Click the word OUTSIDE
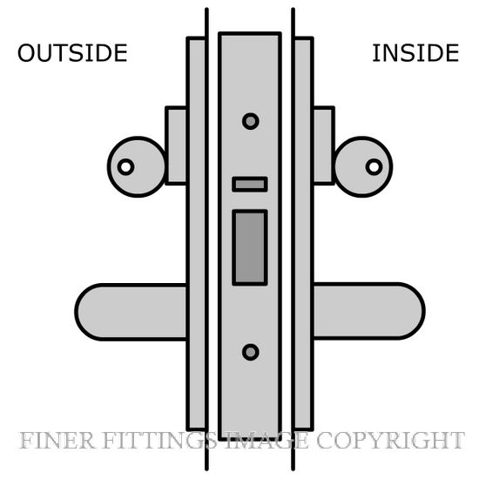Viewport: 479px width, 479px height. click(72, 53)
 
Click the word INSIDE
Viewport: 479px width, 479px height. click(415, 53)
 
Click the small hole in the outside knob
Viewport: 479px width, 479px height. click(126, 167)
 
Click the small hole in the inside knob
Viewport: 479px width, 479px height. click(374, 167)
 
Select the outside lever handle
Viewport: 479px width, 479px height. click(132, 312)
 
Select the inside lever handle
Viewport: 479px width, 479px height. click(368, 311)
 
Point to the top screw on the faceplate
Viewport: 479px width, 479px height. click(251, 121)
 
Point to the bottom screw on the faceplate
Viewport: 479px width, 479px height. click(251, 352)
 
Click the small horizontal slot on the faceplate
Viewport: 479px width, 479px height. click(250, 185)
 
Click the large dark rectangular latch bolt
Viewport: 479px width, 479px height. click(250, 247)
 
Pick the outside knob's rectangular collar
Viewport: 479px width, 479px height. click(176, 145)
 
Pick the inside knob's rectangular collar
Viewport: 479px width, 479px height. click(324, 145)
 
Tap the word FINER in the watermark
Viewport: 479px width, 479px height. click(57, 441)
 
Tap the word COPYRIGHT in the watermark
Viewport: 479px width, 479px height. click(390, 441)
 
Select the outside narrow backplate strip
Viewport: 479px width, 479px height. click(196, 233)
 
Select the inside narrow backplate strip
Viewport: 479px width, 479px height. click(303, 233)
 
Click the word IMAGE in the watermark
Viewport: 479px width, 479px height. click(266, 441)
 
